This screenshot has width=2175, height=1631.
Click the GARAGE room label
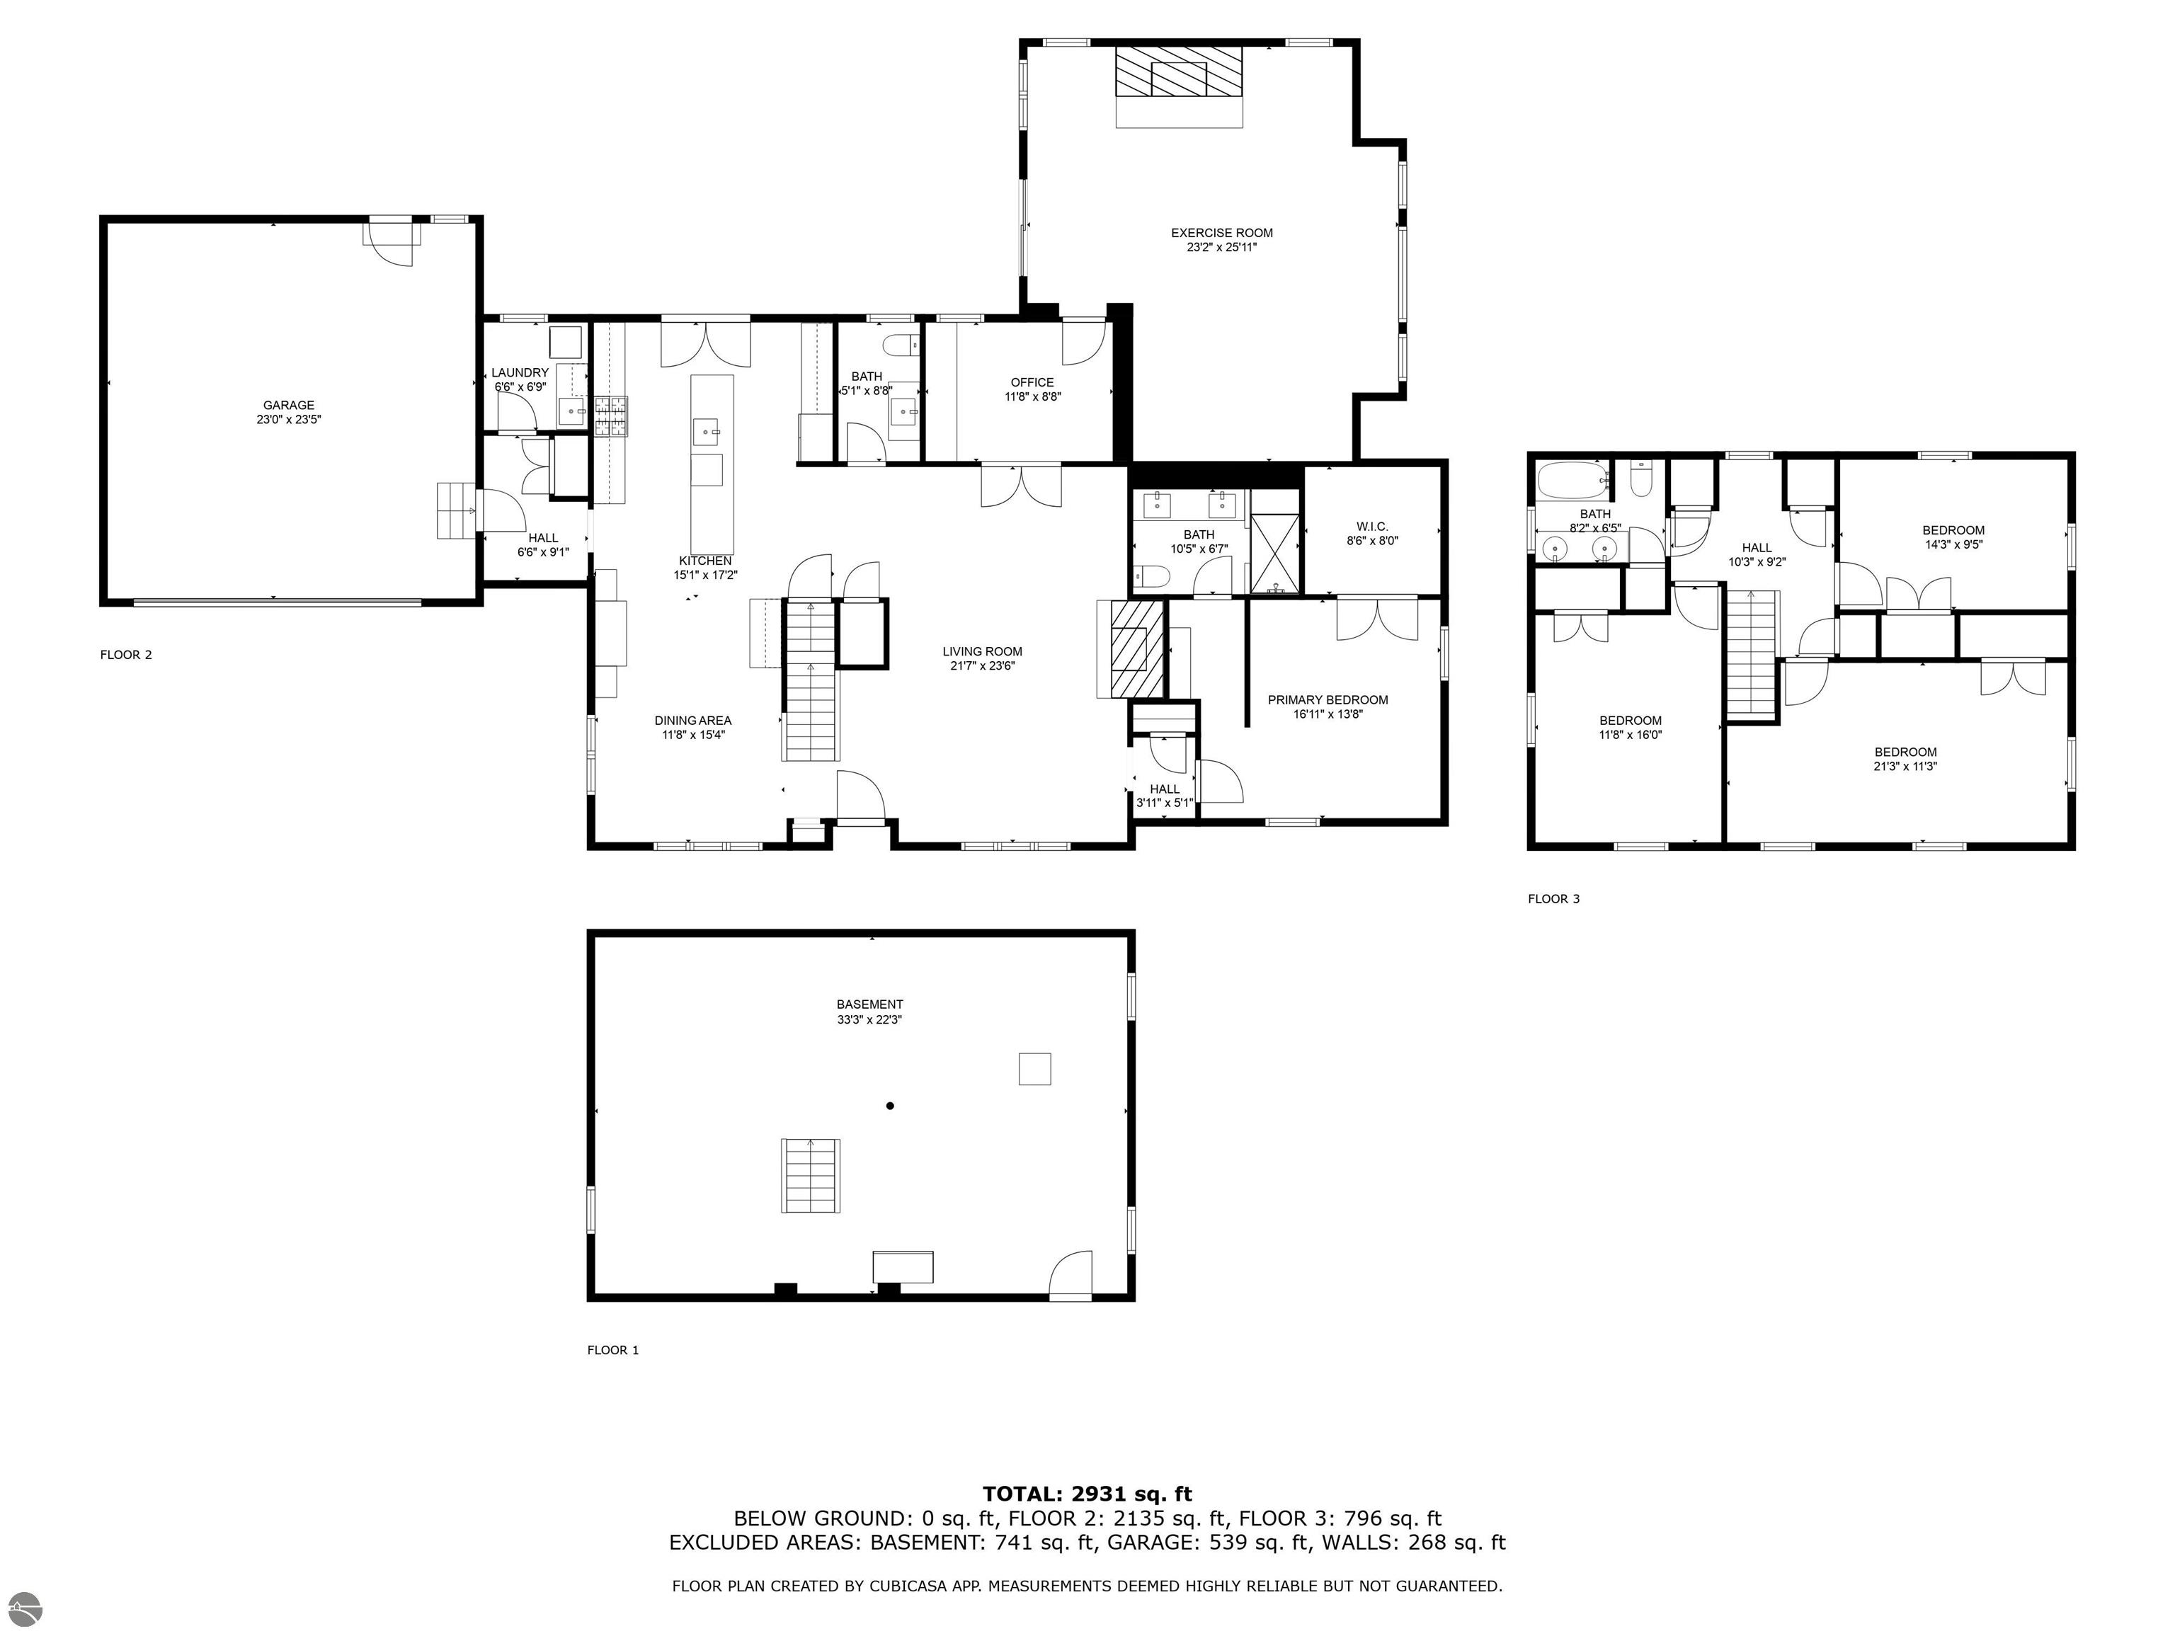pos(288,405)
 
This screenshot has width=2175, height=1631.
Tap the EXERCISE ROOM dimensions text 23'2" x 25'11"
pos(1221,248)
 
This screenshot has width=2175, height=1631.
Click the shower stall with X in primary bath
pos(1275,554)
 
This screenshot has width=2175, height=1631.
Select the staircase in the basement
pos(811,1175)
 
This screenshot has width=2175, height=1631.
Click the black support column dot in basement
pos(890,1106)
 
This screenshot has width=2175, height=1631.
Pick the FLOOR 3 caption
pos(1553,898)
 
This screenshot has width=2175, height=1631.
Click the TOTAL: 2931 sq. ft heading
pos(1087,1494)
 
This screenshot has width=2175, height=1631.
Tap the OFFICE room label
pos(1032,382)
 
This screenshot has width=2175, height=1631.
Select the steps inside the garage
pos(455,510)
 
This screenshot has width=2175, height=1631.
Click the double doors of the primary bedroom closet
pos(1376,619)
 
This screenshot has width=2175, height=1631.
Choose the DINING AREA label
pos(693,721)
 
